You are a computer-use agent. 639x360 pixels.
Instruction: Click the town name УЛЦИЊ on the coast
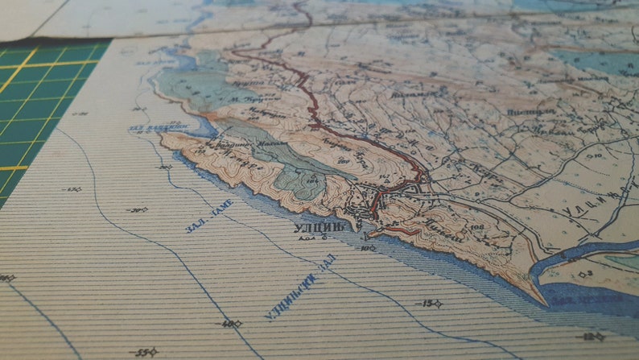pos(320,227)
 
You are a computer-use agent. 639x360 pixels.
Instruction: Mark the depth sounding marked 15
pos(428,304)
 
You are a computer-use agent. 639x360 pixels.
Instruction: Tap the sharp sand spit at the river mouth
pos(538,300)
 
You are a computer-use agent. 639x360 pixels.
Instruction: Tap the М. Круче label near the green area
pos(243,100)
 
